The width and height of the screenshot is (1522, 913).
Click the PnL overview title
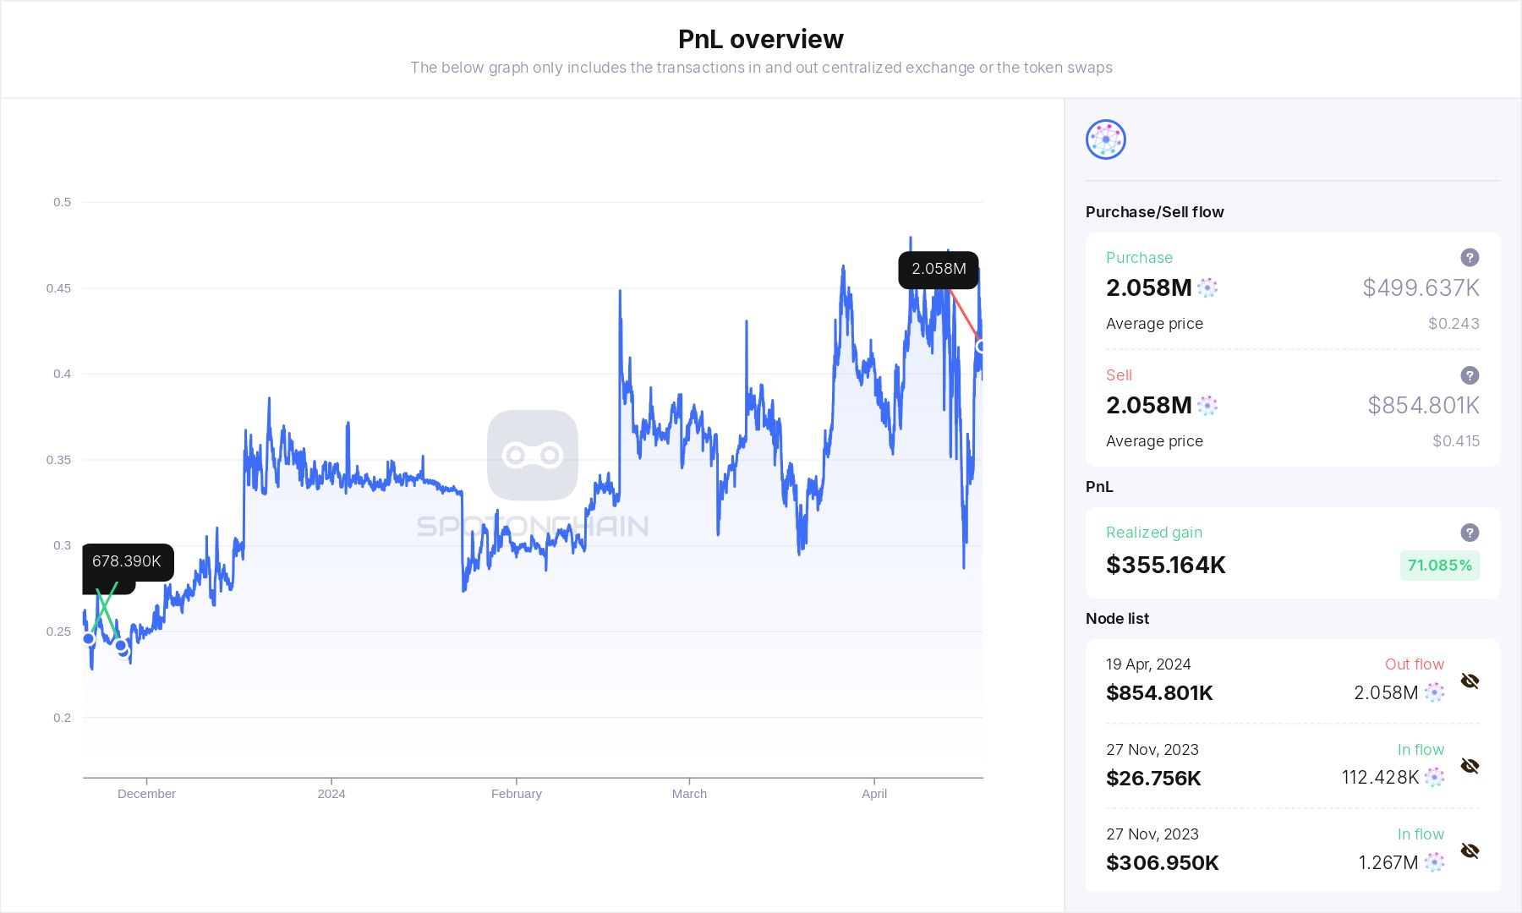point(760,39)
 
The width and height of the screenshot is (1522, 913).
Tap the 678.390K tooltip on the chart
point(127,561)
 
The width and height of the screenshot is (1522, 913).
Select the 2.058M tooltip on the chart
point(939,269)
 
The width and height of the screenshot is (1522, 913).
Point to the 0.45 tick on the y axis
point(58,288)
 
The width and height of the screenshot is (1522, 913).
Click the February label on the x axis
point(516,794)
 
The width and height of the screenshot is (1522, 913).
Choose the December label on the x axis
point(146,794)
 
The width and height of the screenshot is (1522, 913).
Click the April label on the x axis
point(874,794)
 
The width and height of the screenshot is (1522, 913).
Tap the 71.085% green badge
point(1439,566)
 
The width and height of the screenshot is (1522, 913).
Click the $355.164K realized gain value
point(1165,566)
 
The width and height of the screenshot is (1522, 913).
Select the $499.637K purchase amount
point(1421,288)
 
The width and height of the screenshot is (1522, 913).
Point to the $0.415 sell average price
point(1455,441)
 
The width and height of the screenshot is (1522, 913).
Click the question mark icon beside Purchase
point(1470,258)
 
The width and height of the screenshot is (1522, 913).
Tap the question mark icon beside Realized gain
point(1470,533)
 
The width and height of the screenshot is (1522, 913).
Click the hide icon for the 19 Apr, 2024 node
point(1470,681)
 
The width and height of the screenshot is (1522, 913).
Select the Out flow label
point(1414,664)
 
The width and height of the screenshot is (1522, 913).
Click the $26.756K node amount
point(1153,779)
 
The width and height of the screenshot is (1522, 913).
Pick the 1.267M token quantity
point(1388,863)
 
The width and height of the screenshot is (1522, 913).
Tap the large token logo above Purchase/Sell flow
point(1106,139)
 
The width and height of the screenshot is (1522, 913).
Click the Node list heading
point(1117,619)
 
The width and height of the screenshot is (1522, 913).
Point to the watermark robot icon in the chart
point(533,456)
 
